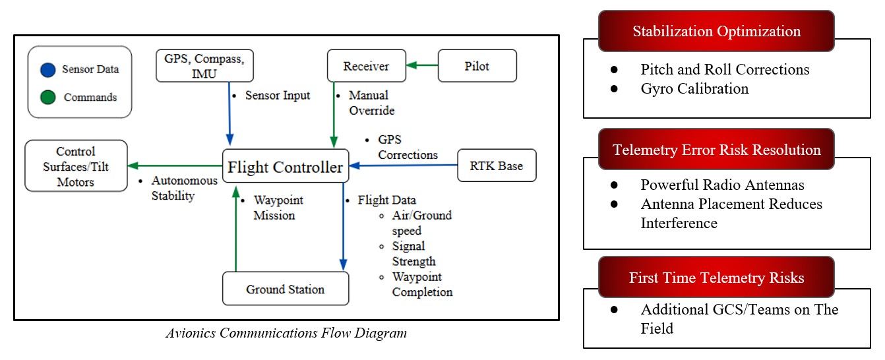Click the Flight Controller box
pyautogui.click(x=285, y=167)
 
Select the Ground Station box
pyautogui.click(x=285, y=289)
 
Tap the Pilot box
pyautogui.click(x=477, y=66)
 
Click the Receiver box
pyautogui.click(x=366, y=66)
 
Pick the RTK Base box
pyautogui.click(x=497, y=165)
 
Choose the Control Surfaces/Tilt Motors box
pyautogui.click(x=75, y=166)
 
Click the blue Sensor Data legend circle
pyautogui.click(x=47, y=69)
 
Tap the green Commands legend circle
pyautogui.click(x=47, y=98)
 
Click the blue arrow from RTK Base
pyautogui.click(x=404, y=165)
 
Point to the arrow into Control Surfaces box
pyautogui.click(x=174, y=165)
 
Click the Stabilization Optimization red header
pyautogui.click(x=716, y=32)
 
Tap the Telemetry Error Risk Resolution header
pyautogui.click(x=716, y=150)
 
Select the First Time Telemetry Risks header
pyautogui.click(x=716, y=278)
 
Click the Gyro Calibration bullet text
pyautogui.click(x=694, y=88)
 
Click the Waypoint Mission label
pyautogui.click(x=274, y=207)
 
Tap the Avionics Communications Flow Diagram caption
pyautogui.click(x=286, y=333)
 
